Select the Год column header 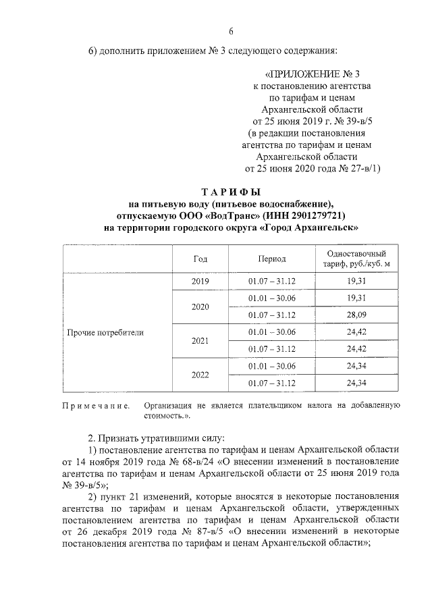200,259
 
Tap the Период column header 271,259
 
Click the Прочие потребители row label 105,333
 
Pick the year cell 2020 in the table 200,307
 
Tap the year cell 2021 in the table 200,341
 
